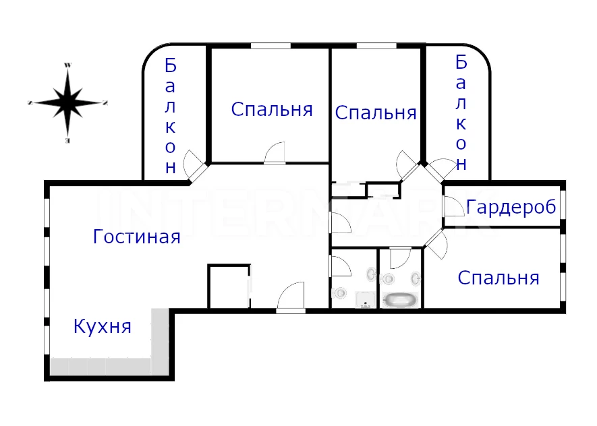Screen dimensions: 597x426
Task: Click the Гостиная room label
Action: click(137, 237)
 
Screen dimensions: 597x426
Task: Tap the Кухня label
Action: click(103, 326)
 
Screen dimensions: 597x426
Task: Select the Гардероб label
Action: click(511, 208)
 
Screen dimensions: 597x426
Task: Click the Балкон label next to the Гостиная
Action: click(170, 116)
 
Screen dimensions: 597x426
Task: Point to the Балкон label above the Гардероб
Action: click(461, 112)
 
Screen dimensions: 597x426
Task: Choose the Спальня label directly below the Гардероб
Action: click(499, 278)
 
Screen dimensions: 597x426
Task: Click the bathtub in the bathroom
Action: click(400, 300)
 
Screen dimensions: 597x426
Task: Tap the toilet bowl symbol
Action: click(339, 293)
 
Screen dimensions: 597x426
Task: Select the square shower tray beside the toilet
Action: click(366, 300)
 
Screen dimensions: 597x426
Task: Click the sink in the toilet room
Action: click(371, 274)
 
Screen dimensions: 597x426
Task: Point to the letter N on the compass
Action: click(105, 102)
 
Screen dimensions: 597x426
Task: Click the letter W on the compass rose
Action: click(67, 65)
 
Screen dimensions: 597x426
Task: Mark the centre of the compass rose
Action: click(67, 102)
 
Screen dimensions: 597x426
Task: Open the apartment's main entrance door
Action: click(291, 297)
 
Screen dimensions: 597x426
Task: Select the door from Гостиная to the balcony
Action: click(194, 166)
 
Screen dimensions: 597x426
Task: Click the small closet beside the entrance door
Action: click(229, 286)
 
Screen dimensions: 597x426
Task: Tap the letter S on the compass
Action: click(30, 102)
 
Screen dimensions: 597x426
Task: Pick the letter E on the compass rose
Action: click(67, 141)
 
